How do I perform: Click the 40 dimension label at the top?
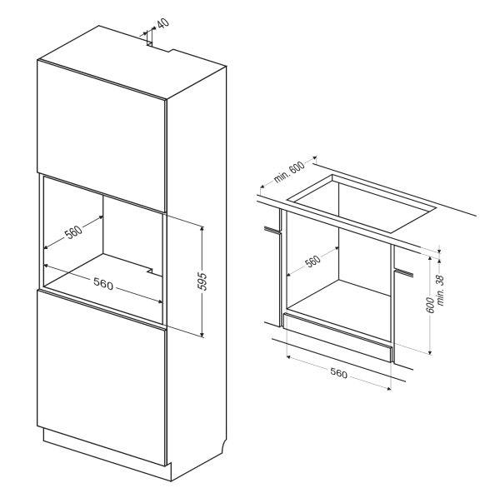click(163, 23)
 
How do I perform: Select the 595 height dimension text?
click(202, 281)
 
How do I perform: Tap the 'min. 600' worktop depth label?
click(289, 172)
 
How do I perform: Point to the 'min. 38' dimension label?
click(441, 291)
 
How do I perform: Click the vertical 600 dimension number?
click(430, 305)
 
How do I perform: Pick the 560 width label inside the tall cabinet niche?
click(103, 283)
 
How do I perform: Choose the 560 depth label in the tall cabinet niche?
click(73, 232)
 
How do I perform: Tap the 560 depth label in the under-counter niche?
click(312, 261)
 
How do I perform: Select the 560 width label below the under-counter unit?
click(338, 373)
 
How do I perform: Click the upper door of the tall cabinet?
click(102, 136)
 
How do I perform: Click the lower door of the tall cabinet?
click(102, 378)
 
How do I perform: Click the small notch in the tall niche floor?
click(150, 271)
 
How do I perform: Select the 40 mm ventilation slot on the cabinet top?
click(149, 43)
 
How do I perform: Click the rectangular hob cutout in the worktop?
click(362, 203)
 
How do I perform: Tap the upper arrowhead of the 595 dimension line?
click(202, 228)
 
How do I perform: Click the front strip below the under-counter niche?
click(337, 337)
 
